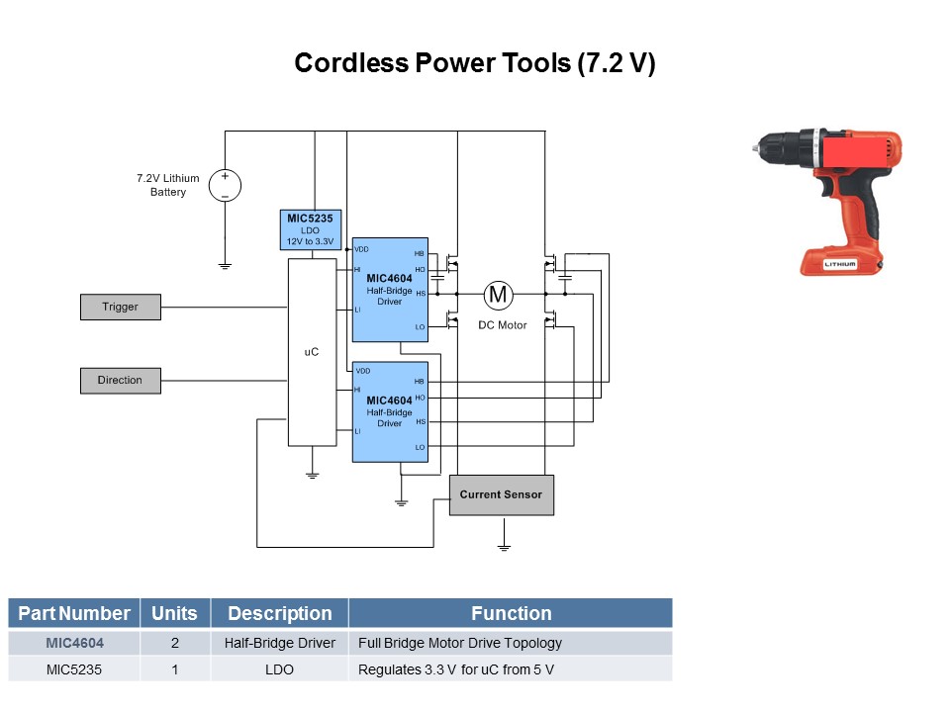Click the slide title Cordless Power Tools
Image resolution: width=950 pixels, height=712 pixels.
[x=475, y=63]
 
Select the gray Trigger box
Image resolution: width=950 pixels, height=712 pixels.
[x=120, y=307]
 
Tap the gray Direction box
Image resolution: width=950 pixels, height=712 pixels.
[x=120, y=380]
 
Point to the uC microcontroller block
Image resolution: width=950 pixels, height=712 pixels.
[x=311, y=352]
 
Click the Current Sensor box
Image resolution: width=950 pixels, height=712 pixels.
[x=502, y=494]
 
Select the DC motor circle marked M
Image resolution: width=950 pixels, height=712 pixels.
[x=499, y=294]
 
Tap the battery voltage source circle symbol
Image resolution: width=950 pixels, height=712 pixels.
[x=225, y=186]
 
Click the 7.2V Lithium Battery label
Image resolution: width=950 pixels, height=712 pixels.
[x=167, y=185]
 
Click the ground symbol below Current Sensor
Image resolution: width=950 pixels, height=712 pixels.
[x=503, y=545]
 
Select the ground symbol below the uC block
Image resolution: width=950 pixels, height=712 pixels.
[x=312, y=475]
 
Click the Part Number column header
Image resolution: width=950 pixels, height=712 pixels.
[x=74, y=613]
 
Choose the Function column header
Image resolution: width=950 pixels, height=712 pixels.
[x=511, y=613]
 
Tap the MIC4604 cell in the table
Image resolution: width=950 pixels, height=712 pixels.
[x=74, y=643]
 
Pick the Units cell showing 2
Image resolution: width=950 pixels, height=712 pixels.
[x=175, y=643]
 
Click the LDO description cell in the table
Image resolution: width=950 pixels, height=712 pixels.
[x=279, y=669]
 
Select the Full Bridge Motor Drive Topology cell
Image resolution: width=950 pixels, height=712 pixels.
[x=460, y=643]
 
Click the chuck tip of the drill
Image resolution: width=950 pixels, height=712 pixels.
[x=757, y=147]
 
